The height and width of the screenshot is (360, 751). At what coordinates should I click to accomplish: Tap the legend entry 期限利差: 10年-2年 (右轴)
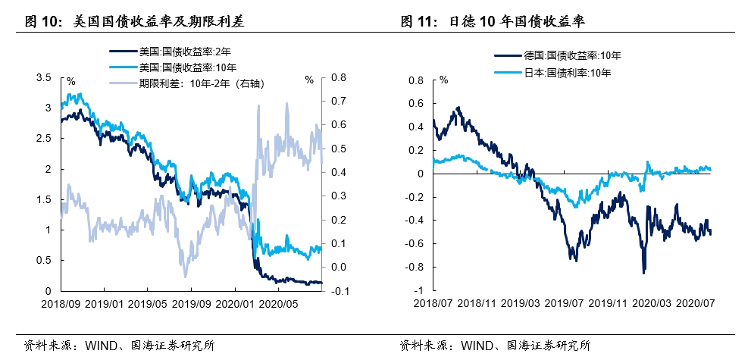tap(200, 83)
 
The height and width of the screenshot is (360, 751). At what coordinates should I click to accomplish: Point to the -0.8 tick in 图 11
tap(415, 268)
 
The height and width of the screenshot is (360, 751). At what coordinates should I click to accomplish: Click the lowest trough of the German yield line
tap(643, 273)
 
